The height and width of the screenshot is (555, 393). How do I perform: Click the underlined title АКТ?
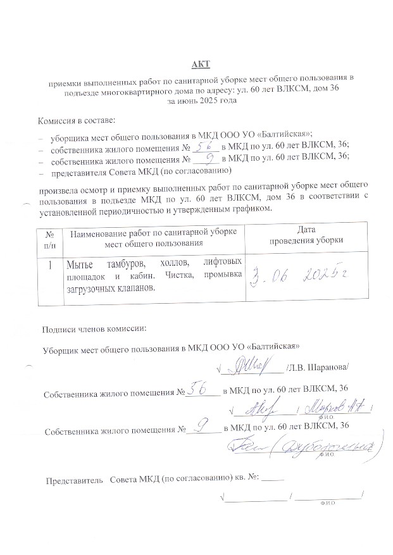(201, 65)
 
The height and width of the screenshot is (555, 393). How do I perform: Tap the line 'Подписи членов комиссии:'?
(94, 329)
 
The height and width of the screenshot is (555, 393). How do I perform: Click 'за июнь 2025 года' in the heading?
(201, 100)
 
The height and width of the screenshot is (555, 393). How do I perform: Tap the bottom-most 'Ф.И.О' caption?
(327, 504)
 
